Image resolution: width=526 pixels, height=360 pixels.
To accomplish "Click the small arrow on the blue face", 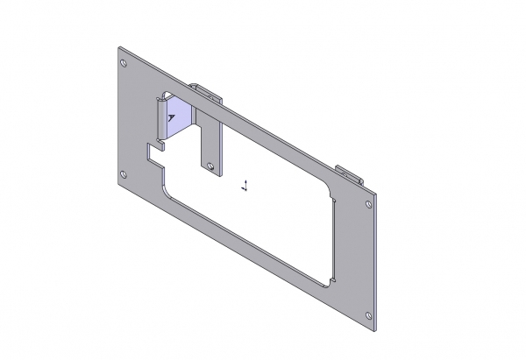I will (x=171, y=116).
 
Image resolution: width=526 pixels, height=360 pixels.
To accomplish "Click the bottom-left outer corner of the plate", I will (x=118, y=187).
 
